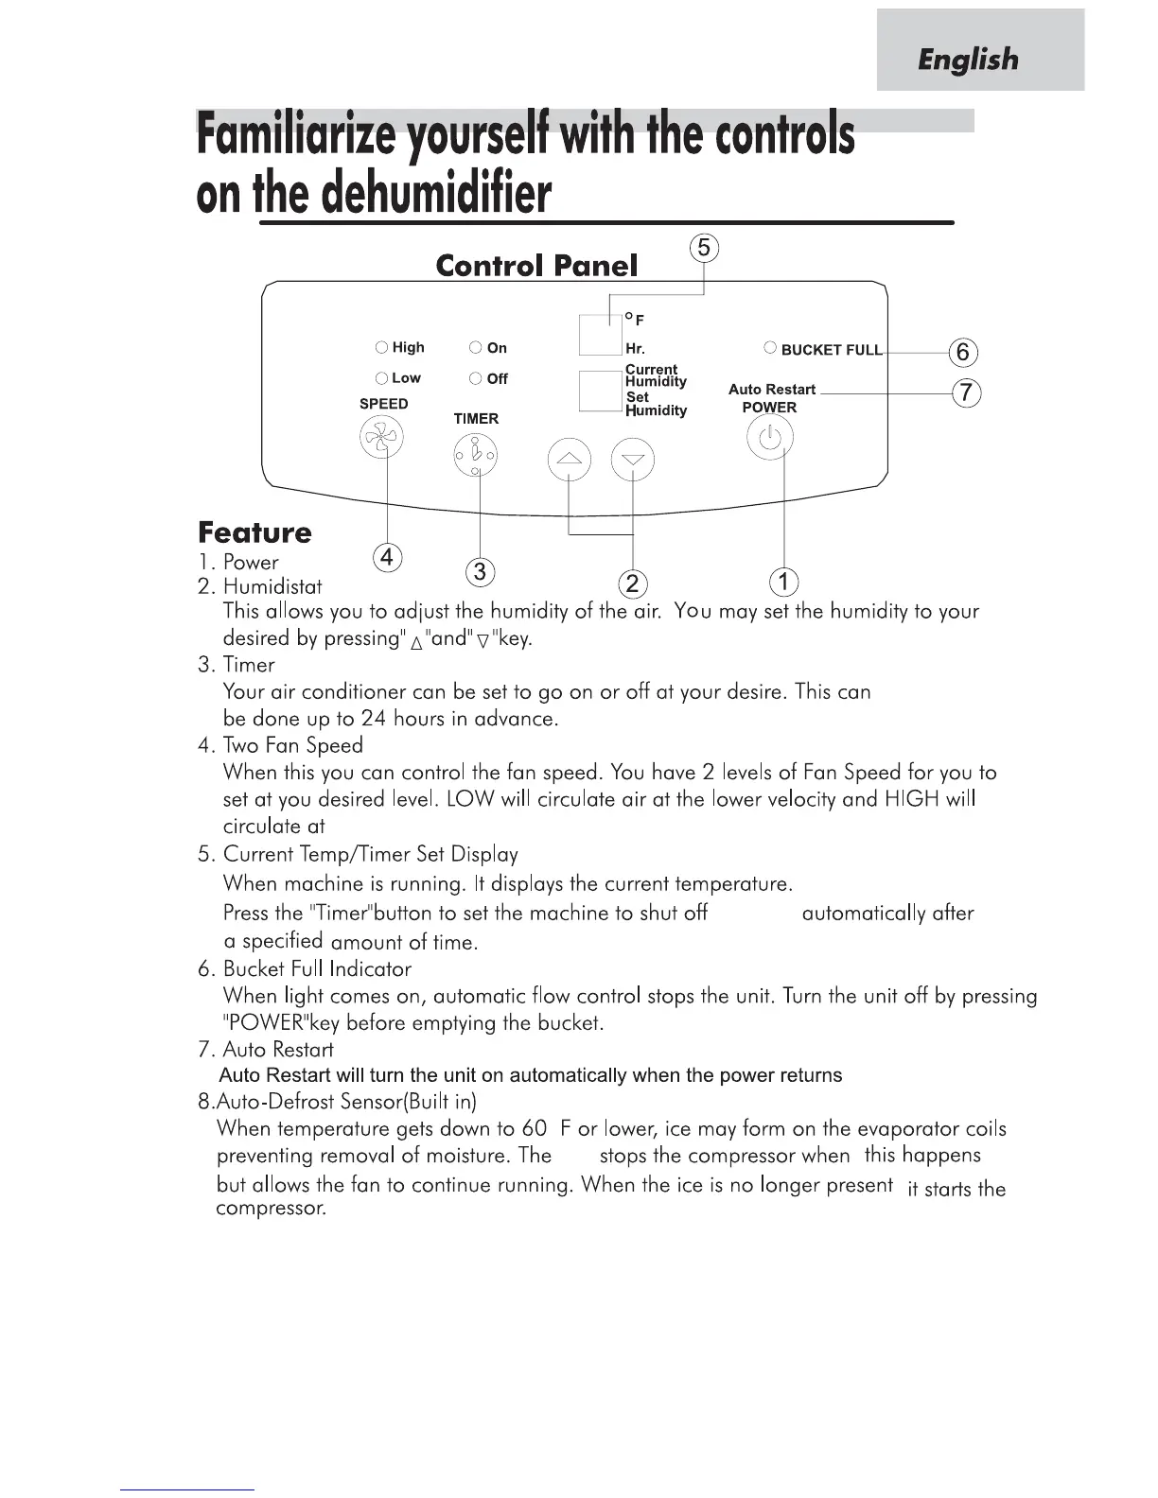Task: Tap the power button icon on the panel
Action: coord(770,439)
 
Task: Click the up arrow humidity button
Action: coord(569,461)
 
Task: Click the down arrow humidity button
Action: coord(633,461)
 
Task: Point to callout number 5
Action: coord(704,249)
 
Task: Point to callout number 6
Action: coord(963,353)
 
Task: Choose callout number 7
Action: coord(965,392)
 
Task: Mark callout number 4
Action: coord(386,558)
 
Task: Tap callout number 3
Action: coord(481,571)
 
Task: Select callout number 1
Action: coord(784,581)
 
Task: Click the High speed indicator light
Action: coord(381,348)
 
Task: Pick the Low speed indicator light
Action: coord(381,378)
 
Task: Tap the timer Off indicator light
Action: coord(476,379)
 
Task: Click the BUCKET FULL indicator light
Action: coord(770,348)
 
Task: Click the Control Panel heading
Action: coord(536,266)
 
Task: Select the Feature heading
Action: coord(254,532)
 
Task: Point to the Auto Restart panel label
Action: coord(772,390)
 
